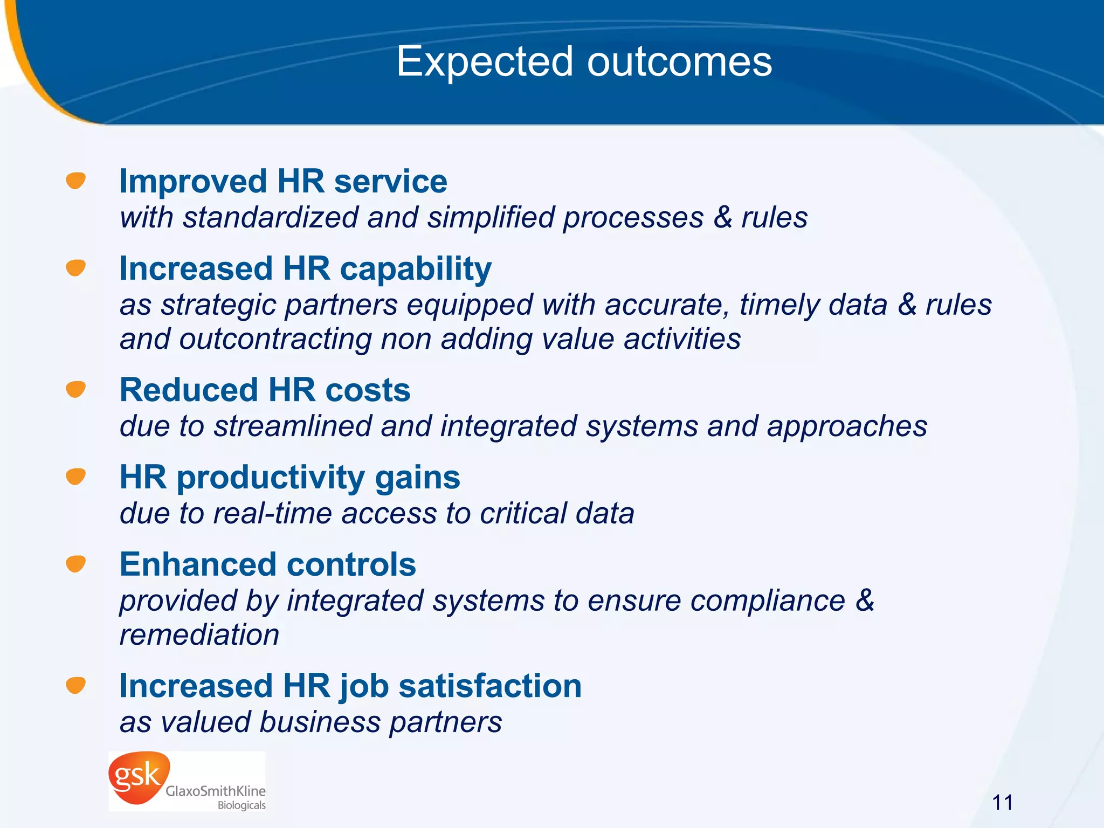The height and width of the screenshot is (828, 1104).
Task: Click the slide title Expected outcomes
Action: pos(584,62)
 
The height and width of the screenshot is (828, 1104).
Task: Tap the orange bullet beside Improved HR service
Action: pos(76,181)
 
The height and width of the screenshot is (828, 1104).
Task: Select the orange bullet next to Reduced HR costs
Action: pos(76,389)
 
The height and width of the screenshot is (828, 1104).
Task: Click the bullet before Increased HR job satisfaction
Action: pos(76,685)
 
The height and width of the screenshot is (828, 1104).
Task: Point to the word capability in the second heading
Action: pos(416,269)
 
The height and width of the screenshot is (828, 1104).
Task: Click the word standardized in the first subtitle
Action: pos(271,218)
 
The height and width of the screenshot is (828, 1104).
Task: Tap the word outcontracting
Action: pos(275,340)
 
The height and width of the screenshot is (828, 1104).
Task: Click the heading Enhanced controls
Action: pos(268,564)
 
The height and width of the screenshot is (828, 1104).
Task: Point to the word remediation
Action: pos(199,634)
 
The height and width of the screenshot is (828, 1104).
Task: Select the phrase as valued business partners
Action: pos(310,722)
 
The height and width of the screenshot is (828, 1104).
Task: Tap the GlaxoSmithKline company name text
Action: pos(215,791)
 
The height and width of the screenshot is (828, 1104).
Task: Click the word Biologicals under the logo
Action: pos(241,805)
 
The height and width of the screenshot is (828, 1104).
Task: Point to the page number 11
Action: pos(1002,803)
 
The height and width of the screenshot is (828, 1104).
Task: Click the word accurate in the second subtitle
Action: pos(666,305)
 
